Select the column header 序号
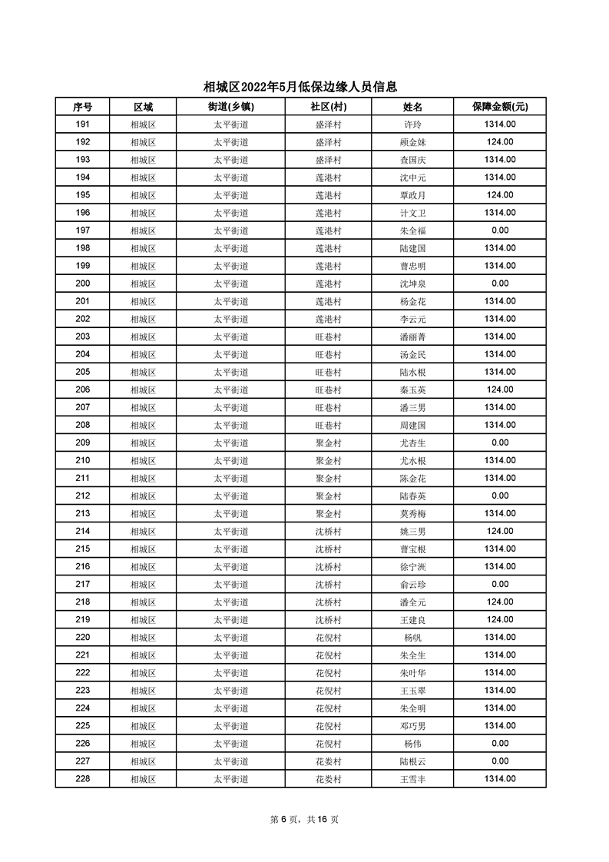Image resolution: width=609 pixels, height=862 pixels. (x=83, y=107)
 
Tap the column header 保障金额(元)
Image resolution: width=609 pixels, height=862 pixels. (x=500, y=107)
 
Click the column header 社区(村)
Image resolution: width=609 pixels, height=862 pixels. (x=328, y=107)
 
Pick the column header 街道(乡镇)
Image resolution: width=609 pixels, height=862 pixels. (x=230, y=107)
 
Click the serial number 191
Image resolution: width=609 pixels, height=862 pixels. (x=83, y=124)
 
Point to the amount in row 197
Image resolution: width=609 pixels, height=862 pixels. (x=500, y=230)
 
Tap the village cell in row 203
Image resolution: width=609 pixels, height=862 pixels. (x=328, y=337)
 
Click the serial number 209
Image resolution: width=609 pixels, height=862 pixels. (x=83, y=443)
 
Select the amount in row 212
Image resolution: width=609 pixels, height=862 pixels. (x=500, y=496)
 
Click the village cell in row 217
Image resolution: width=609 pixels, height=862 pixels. (x=328, y=584)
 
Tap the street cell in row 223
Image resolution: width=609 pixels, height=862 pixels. (x=230, y=690)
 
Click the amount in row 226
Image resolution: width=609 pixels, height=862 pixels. (x=500, y=743)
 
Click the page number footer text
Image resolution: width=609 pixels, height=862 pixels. (x=304, y=819)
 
